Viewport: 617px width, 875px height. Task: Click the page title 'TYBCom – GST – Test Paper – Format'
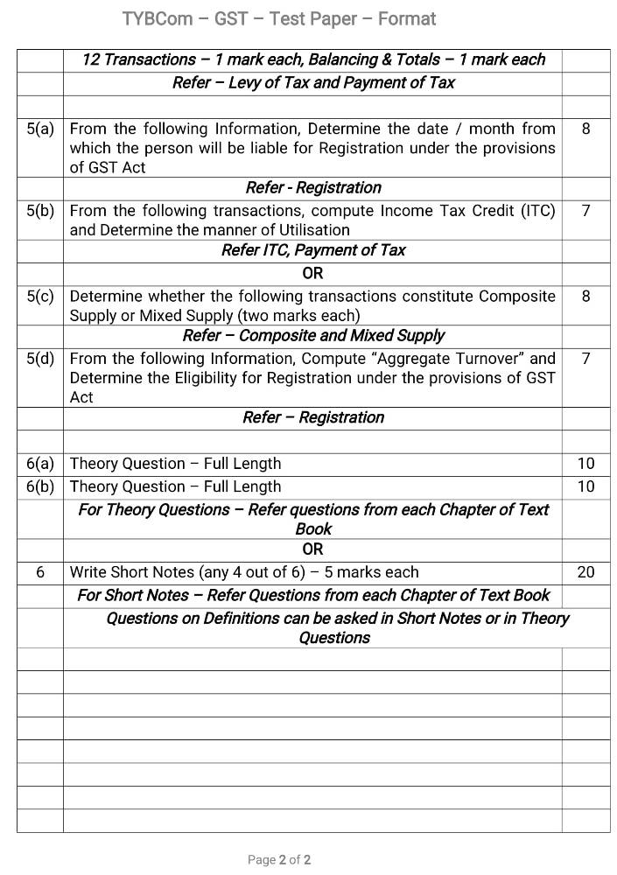pyautogui.click(x=279, y=18)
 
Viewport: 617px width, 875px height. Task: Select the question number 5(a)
pyautogui.click(x=40, y=129)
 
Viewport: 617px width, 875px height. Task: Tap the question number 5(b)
pyautogui.click(x=40, y=211)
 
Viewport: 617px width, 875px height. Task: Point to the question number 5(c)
pyautogui.click(x=40, y=296)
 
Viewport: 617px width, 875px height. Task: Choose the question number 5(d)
pyautogui.click(x=40, y=358)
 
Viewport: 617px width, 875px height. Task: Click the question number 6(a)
pyautogui.click(x=40, y=464)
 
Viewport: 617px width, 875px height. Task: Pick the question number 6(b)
pyautogui.click(x=40, y=486)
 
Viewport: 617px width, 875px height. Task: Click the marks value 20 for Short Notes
pyautogui.click(x=585, y=572)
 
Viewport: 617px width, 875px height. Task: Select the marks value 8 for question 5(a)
pyautogui.click(x=585, y=129)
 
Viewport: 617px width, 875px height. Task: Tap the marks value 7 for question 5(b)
pyautogui.click(x=585, y=211)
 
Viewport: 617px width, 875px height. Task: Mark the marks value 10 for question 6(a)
pyautogui.click(x=585, y=464)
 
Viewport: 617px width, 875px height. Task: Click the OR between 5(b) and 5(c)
pyautogui.click(x=312, y=273)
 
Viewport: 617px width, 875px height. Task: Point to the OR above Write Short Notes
pyautogui.click(x=312, y=549)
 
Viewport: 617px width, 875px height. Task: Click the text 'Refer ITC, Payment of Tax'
pyautogui.click(x=312, y=250)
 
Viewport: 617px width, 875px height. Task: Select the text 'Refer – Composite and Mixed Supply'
pyautogui.click(x=312, y=336)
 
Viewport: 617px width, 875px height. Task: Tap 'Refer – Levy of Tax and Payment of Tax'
pyautogui.click(x=312, y=83)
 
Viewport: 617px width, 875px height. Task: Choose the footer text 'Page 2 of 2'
pyautogui.click(x=279, y=860)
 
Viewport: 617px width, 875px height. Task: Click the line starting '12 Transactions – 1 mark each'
pyautogui.click(x=312, y=59)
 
